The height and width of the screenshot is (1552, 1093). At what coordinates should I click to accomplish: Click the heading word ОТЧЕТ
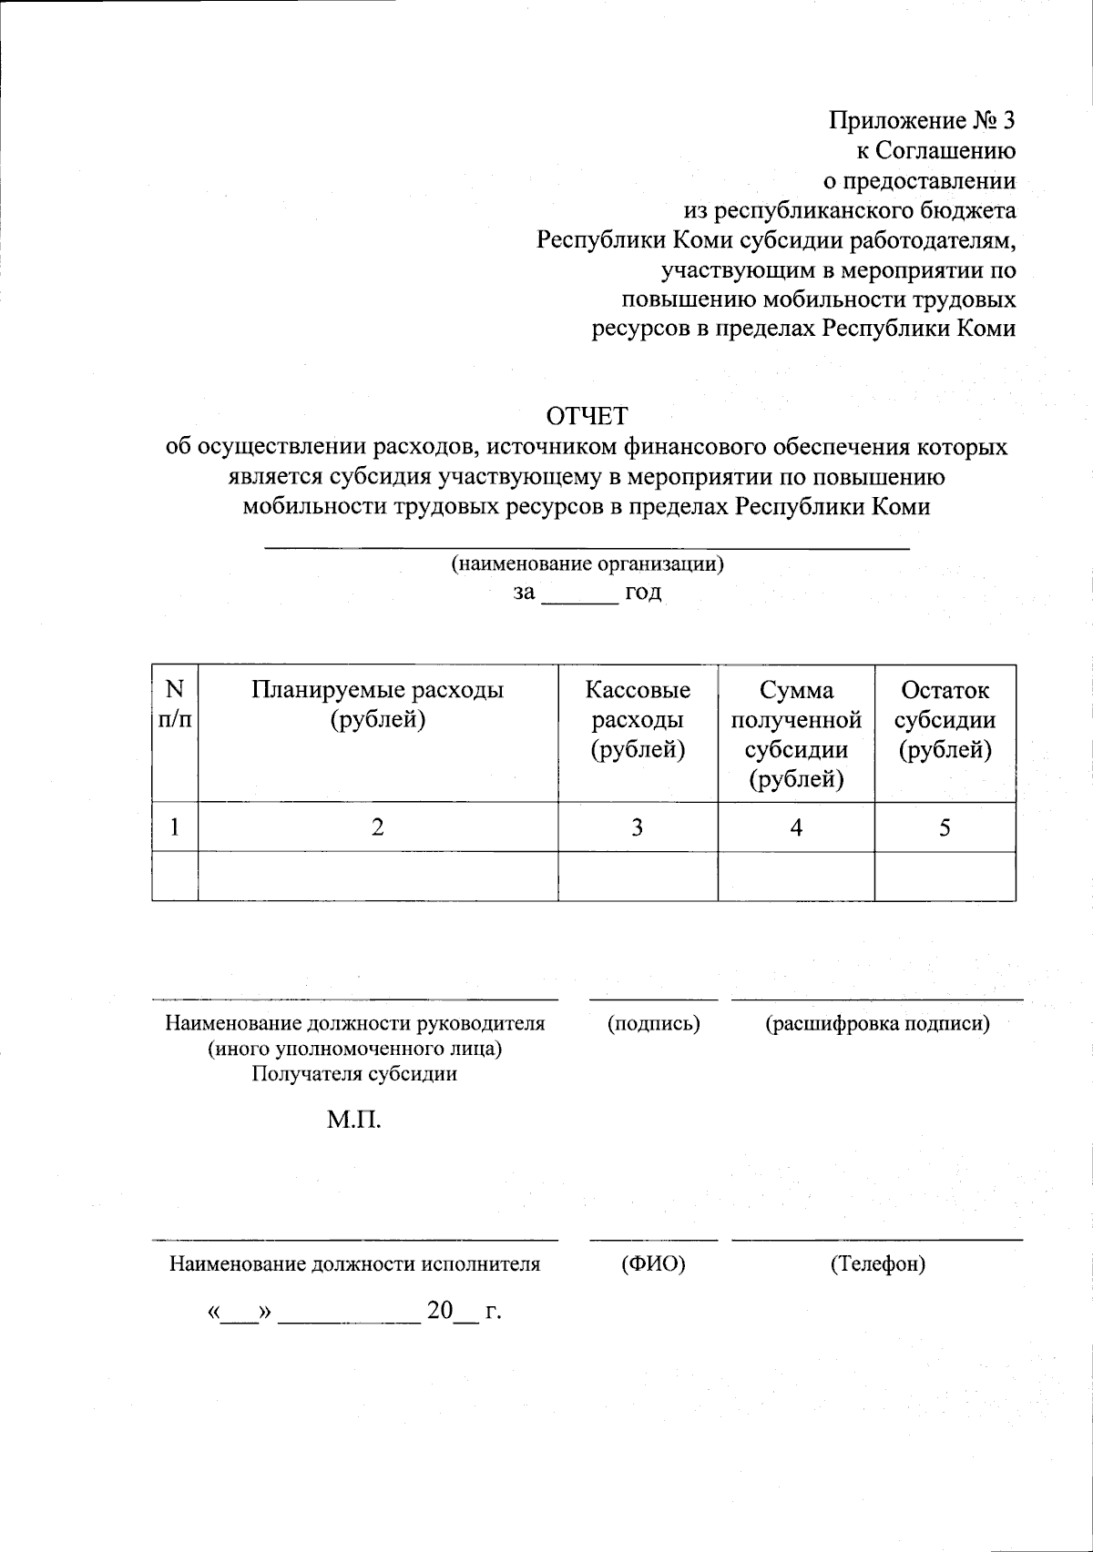coord(587,416)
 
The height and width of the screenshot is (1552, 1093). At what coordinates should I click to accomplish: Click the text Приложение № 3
coord(922,120)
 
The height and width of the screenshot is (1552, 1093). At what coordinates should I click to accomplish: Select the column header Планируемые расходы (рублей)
coord(377,705)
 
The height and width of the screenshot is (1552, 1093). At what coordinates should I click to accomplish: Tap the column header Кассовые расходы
coord(638,719)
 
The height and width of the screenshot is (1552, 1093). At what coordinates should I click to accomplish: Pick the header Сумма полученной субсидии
coord(796,734)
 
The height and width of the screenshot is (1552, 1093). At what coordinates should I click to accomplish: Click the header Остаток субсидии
coord(945,719)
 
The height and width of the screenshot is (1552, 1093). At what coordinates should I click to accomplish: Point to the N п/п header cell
coord(175,705)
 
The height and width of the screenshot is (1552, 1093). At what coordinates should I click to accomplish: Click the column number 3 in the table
coord(638,827)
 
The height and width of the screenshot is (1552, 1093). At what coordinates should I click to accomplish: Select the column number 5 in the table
coord(945,827)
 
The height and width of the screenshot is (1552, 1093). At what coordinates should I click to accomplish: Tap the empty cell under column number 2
coord(377,876)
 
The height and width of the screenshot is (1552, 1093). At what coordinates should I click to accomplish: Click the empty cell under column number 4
coord(796,876)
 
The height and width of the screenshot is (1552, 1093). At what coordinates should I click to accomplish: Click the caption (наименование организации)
coord(587,563)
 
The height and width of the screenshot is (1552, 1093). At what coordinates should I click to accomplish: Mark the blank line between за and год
coord(579,597)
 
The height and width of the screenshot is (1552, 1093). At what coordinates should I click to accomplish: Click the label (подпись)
coord(653,1023)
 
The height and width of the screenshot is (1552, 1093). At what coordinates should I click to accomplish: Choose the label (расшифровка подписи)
coord(876,1023)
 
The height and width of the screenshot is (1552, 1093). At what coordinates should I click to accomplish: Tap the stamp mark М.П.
coord(354,1119)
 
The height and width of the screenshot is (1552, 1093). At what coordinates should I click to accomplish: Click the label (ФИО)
coord(653,1263)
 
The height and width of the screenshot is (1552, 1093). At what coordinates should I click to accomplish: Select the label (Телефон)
coord(877,1263)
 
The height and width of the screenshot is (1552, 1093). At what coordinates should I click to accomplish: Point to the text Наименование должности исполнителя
coord(354,1263)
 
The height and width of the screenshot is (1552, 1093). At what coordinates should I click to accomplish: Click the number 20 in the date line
coord(440,1311)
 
